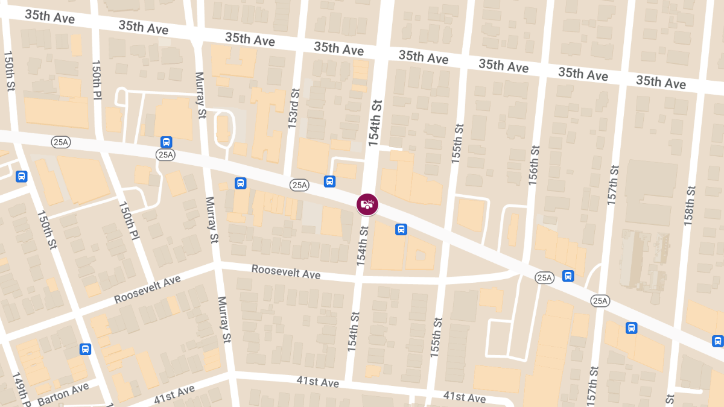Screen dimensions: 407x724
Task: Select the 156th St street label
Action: click(533, 165)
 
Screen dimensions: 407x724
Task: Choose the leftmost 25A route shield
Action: click(61, 142)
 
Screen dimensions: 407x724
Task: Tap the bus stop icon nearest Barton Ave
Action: click(86, 349)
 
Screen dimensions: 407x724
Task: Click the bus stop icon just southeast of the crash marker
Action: click(401, 230)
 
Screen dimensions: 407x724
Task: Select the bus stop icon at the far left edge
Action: click(22, 177)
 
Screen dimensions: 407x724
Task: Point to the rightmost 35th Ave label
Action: click(661, 81)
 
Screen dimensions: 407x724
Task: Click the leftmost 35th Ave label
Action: click(49, 16)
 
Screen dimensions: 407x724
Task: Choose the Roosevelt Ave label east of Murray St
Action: click(286, 272)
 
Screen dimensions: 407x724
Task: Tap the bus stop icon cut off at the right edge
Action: click(718, 341)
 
